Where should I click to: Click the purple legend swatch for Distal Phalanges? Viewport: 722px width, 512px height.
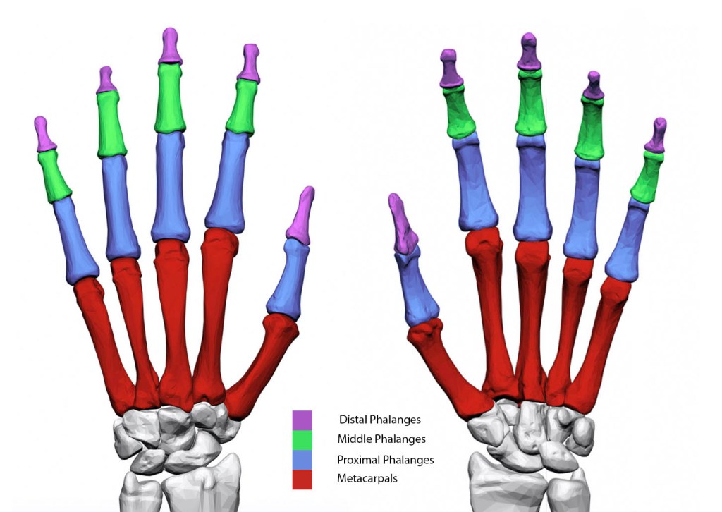tap(302, 420)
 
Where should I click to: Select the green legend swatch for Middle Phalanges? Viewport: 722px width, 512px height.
tap(302, 439)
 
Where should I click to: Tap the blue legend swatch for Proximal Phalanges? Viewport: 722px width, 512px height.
tap(302, 460)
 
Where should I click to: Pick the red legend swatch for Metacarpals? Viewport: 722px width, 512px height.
tap(302, 480)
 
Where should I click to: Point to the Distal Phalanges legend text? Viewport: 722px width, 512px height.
tap(380, 420)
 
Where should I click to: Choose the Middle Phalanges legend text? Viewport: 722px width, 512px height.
tap(382, 439)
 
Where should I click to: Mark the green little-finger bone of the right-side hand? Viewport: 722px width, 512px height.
tap(647, 176)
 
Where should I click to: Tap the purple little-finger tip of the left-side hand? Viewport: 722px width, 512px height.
tap(44, 134)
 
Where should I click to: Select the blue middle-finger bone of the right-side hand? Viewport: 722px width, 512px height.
tap(533, 187)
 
